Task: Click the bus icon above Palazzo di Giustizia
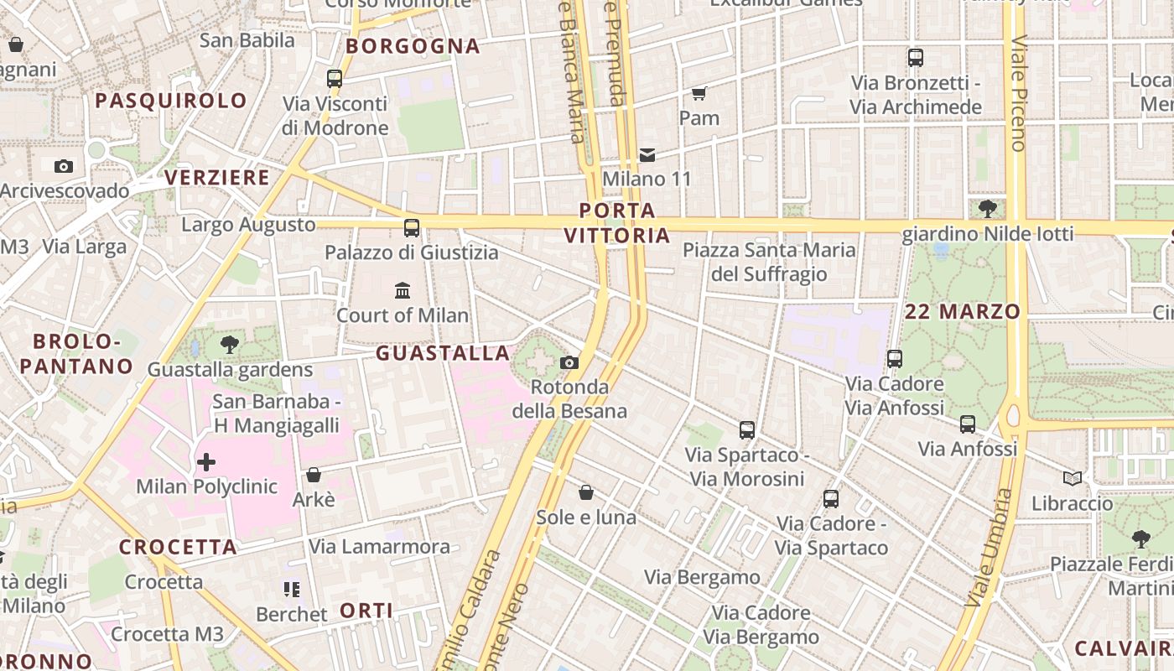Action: [411, 227]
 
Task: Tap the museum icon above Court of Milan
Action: [403, 290]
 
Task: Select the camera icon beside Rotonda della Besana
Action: [569, 362]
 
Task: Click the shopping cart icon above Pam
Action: [699, 93]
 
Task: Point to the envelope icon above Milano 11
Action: [647, 154]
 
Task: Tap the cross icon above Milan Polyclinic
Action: [206, 461]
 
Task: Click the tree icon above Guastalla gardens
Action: [229, 344]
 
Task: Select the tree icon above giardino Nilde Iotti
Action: [987, 208]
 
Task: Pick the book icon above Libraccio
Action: [1072, 478]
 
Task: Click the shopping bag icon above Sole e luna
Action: [586, 492]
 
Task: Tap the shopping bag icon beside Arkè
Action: [314, 475]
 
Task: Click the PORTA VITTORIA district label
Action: [617, 223]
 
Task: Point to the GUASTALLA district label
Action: [443, 353]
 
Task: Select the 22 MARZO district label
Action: [963, 312]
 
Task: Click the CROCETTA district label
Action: [178, 547]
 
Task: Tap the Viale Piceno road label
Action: [1018, 92]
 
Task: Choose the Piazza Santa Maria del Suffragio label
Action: [769, 262]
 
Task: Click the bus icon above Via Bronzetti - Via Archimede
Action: [915, 58]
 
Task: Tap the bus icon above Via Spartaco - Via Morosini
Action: [746, 430]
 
